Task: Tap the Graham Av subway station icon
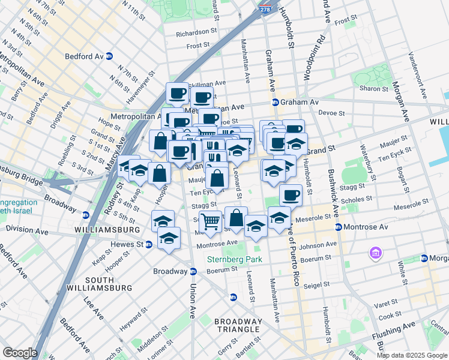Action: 275,102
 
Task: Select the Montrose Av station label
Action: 363,227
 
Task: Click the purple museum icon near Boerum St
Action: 376,253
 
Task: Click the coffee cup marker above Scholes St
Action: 291,194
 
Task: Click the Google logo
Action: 20,353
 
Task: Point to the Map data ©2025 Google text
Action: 412,355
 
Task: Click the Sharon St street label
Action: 374,88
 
